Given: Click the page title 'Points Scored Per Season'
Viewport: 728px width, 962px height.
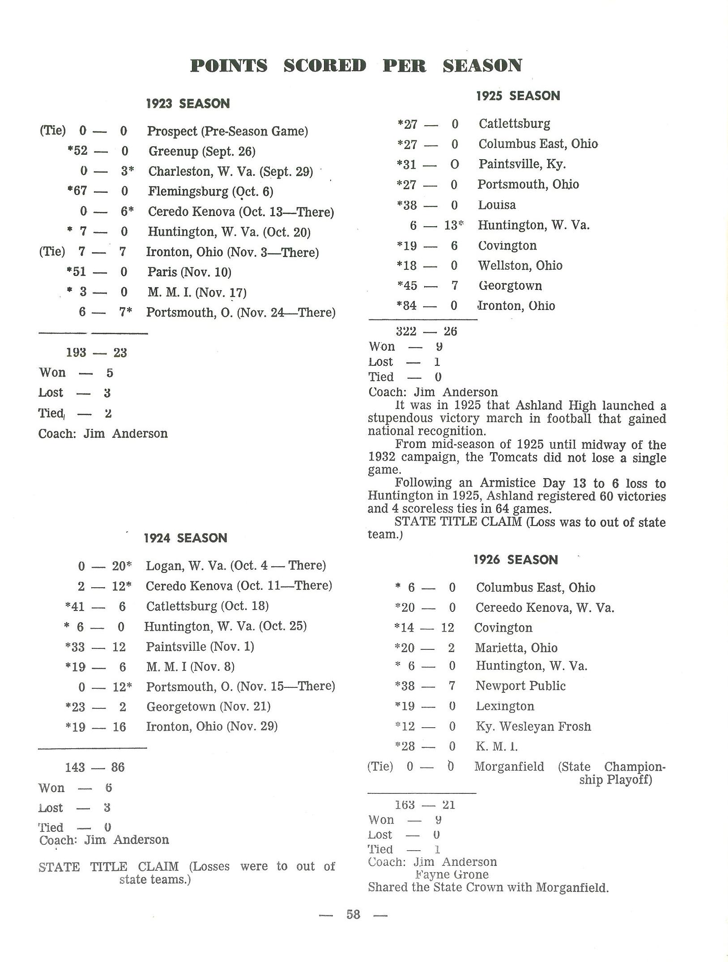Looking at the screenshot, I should tap(356, 66).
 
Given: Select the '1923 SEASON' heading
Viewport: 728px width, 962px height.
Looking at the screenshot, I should tap(188, 104).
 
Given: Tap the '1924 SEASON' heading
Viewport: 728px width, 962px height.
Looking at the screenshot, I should tap(185, 538).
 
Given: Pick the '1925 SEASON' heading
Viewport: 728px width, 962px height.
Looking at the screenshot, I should tap(518, 96).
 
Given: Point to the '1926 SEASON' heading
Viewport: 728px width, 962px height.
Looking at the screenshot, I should tap(515, 559).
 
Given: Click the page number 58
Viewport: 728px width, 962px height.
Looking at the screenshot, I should tap(353, 914).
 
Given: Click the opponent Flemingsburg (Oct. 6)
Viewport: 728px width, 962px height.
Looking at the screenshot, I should tap(211, 191).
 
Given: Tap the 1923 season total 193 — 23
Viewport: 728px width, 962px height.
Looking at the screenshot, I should tap(96, 352).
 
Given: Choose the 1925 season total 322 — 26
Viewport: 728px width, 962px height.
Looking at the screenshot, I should tap(426, 331).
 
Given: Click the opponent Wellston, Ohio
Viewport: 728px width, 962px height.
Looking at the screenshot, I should tap(520, 265).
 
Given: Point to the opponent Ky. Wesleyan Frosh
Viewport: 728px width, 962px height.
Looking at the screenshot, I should tap(533, 726).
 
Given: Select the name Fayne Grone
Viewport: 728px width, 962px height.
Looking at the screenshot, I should tap(451, 874).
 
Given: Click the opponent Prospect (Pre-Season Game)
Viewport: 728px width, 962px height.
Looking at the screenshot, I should tap(227, 131).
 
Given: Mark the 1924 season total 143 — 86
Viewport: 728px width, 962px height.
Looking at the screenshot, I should tap(94, 767).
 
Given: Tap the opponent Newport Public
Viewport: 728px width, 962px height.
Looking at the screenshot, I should tap(520, 686).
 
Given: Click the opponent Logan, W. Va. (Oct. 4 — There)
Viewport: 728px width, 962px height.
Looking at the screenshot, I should tap(236, 565).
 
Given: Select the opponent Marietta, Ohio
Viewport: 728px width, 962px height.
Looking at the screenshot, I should tap(516, 648).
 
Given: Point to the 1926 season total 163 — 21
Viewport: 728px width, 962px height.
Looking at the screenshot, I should tap(425, 805).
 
